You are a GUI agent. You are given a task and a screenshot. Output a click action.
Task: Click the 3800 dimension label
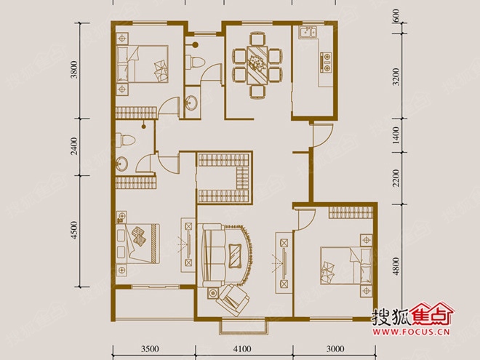coord(74,70)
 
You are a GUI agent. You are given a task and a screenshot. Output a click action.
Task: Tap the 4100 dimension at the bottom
coord(242,348)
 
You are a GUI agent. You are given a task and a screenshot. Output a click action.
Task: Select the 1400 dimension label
coord(396,135)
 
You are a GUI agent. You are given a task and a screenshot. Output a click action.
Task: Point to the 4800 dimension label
coord(396,266)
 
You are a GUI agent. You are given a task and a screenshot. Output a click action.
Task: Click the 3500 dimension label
coord(150,348)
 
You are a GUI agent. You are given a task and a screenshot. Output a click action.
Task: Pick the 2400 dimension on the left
coord(74,146)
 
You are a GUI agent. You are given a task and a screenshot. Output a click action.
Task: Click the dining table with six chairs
coord(257,65)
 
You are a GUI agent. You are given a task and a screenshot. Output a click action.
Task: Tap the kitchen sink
coord(308,32)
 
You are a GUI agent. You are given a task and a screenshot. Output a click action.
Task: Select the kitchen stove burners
coord(326,63)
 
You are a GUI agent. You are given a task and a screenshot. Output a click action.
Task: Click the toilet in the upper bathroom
coord(194,62)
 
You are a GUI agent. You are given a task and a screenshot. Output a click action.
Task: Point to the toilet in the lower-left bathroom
coord(126,140)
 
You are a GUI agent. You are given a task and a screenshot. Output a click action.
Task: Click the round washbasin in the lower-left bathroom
coord(122,164)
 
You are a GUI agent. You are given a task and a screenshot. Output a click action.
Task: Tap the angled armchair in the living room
coord(233,300)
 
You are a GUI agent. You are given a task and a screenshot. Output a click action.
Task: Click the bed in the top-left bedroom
coord(142,64)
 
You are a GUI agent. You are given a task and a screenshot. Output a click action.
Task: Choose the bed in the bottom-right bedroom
coord(346,266)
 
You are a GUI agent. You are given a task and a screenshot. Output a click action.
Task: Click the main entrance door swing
coord(321,135)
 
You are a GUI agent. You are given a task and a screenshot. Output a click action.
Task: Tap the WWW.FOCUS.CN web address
coord(412,332)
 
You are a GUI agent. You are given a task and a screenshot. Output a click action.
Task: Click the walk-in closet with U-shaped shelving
coord(225,177)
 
